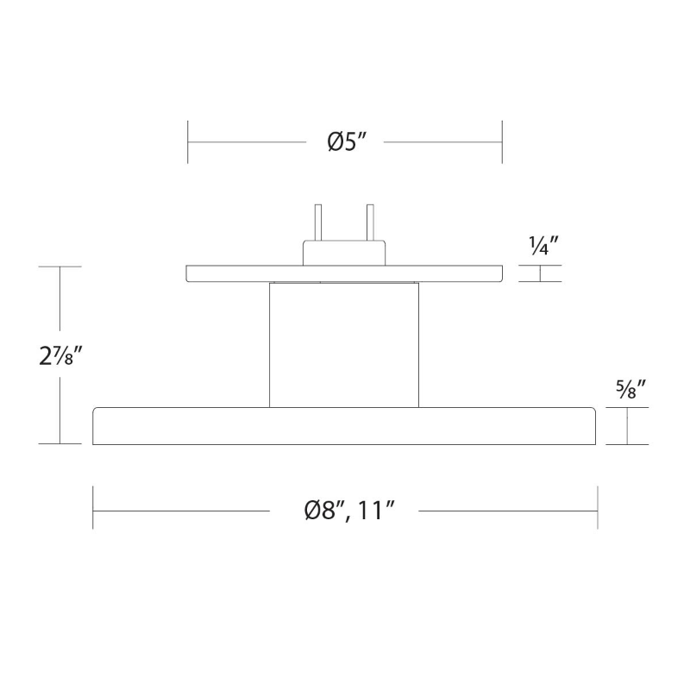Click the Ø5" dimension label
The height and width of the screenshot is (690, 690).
348,141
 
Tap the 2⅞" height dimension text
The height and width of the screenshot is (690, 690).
60,355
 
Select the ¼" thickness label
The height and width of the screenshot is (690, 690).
543,246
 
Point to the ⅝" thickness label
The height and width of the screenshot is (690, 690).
630,389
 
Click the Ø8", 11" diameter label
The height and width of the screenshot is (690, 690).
349,511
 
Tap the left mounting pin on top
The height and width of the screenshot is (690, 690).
317,223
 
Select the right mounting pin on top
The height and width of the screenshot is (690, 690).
370,223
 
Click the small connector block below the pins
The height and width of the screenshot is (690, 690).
344,253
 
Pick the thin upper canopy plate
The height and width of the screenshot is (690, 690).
344,273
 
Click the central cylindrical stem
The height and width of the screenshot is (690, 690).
344,345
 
